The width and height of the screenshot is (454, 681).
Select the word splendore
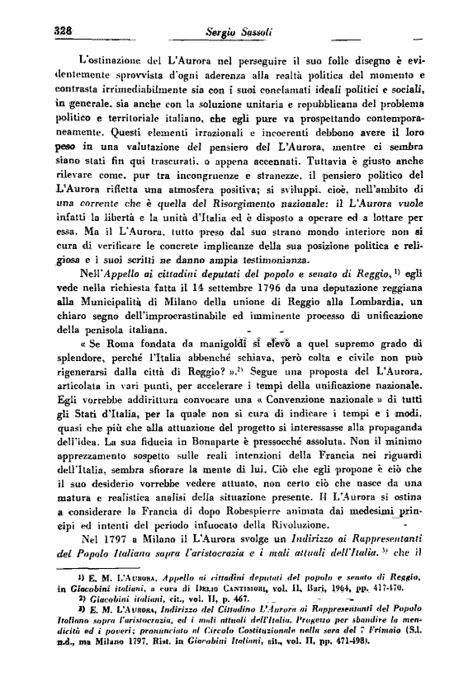coord(83,360)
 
